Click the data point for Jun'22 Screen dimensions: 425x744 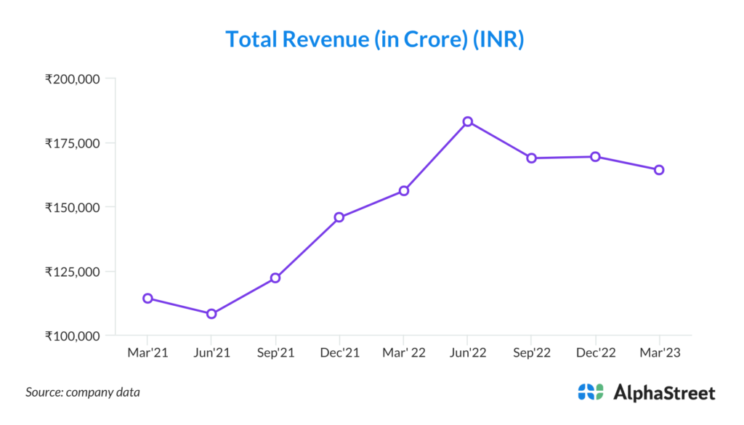pyautogui.click(x=468, y=121)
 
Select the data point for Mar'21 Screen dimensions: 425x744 pyautogui.click(x=147, y=298)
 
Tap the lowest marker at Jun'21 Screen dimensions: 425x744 pyautogui.click(x=211, y=314)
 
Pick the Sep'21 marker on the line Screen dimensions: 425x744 pyautogui.click(x=275, y=278)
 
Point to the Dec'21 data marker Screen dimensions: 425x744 pyautogui.click(x=339, y=217)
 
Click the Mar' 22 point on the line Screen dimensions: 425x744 pyautogui.click(x=404, y=190)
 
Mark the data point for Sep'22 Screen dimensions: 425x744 pyautogui.click(x=531, y=158)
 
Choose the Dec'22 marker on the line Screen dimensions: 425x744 pyautogui.click(x=595, y=156)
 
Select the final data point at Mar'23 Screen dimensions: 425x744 pyautogui.click(x=659, y=170)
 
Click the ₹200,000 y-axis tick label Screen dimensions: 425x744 pyautogui.click(x=72, y=78)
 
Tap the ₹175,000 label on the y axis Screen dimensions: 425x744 pyautogui.click(x=72, y=143)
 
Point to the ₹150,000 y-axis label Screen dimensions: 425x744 pyautogui.click(x=72, y=207)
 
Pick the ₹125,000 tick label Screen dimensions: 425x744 pyautogui.click(x=72, y=272)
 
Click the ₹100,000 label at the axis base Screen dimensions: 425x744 pyautogui.click(x=72, y=336)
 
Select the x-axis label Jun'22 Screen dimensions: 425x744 pyautogui.click(x=468, y=352)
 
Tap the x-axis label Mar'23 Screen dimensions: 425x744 pyautogui.click(x=659, y=352)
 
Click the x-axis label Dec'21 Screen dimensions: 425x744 pyautogui.click(x=339, y=352)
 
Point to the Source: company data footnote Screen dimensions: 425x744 pyautogui.click(x=83, y=392)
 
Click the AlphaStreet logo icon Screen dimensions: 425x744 pyautogui.click(x=591, y=392)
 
